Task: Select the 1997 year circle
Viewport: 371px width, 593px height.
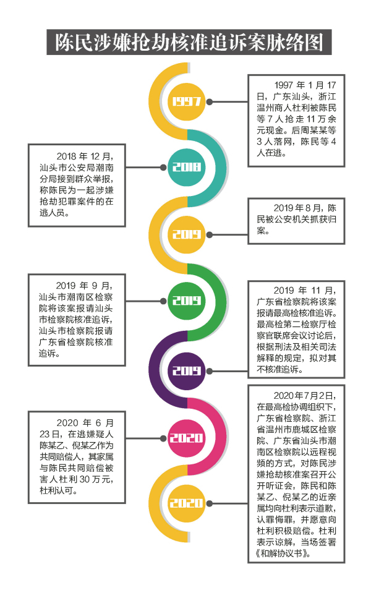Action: coord(186,101)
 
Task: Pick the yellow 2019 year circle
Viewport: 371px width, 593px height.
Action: coord(186,234)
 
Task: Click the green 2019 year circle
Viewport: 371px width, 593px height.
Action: coord(186,301)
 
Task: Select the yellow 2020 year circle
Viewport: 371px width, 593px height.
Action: coord(186,504)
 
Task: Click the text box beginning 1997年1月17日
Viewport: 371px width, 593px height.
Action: coord(296,121)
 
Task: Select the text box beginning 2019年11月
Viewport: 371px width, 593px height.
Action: coord(296,329)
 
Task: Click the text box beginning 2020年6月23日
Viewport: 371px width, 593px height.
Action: coord(77,452)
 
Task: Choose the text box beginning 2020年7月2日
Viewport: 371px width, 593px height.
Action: coord(296,474)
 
